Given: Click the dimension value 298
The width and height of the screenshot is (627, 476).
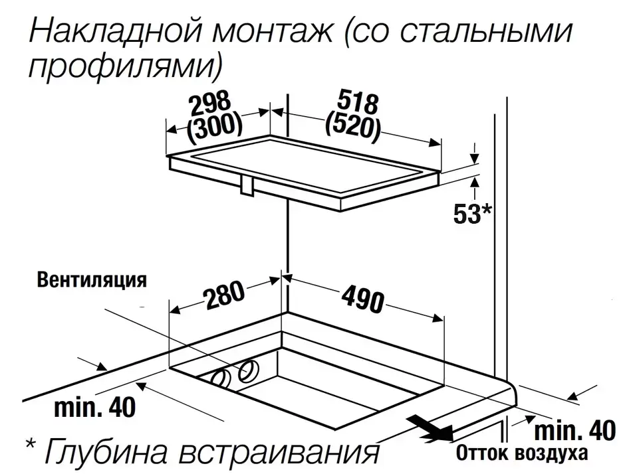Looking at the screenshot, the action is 210,104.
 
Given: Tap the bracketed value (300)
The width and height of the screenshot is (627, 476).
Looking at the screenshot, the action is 215,127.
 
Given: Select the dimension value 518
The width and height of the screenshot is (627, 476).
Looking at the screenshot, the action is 357,103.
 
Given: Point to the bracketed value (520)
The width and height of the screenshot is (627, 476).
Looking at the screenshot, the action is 352,127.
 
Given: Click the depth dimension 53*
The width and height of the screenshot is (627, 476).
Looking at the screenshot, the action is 472,214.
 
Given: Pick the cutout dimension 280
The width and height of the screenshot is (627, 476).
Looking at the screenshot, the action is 223,295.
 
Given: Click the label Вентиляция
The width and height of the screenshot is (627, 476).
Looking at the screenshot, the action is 92,279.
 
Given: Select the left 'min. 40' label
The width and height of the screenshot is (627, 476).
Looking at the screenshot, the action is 94,407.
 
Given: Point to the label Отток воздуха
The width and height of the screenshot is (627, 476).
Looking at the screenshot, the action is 522,453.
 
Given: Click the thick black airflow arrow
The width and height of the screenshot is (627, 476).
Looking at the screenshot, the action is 430,428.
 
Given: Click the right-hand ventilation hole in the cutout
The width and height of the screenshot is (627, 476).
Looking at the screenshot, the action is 249,370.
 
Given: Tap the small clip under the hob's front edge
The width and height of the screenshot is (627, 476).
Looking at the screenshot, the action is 247,186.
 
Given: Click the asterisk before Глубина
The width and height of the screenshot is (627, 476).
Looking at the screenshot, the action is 31,443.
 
